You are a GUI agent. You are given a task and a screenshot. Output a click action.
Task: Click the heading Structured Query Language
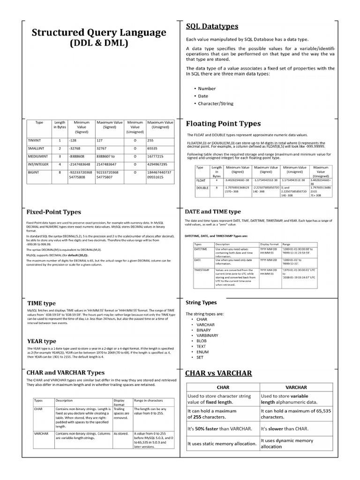pos(98,32)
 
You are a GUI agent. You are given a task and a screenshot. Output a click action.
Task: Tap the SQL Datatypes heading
pos(212,26)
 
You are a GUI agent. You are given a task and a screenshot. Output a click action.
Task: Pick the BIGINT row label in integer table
pos(33,172)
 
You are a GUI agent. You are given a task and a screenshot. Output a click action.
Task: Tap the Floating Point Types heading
pos(223,124)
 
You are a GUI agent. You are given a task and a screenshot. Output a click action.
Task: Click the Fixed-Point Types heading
pos(53,212)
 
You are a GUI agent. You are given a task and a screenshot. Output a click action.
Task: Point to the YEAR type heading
pos(42,341)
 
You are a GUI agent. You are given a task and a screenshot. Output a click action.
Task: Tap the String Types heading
pos(201,302)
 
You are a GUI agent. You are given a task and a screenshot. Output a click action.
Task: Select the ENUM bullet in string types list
pos(202,351)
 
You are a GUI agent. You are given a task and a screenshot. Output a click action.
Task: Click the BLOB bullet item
pos(202,341)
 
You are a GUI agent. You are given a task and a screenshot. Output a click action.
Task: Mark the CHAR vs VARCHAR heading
pos(219,373)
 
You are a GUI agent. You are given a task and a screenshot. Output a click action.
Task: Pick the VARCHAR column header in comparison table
pos(296,387)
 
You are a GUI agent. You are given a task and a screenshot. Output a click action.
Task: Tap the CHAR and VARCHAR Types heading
pos(66,372)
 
